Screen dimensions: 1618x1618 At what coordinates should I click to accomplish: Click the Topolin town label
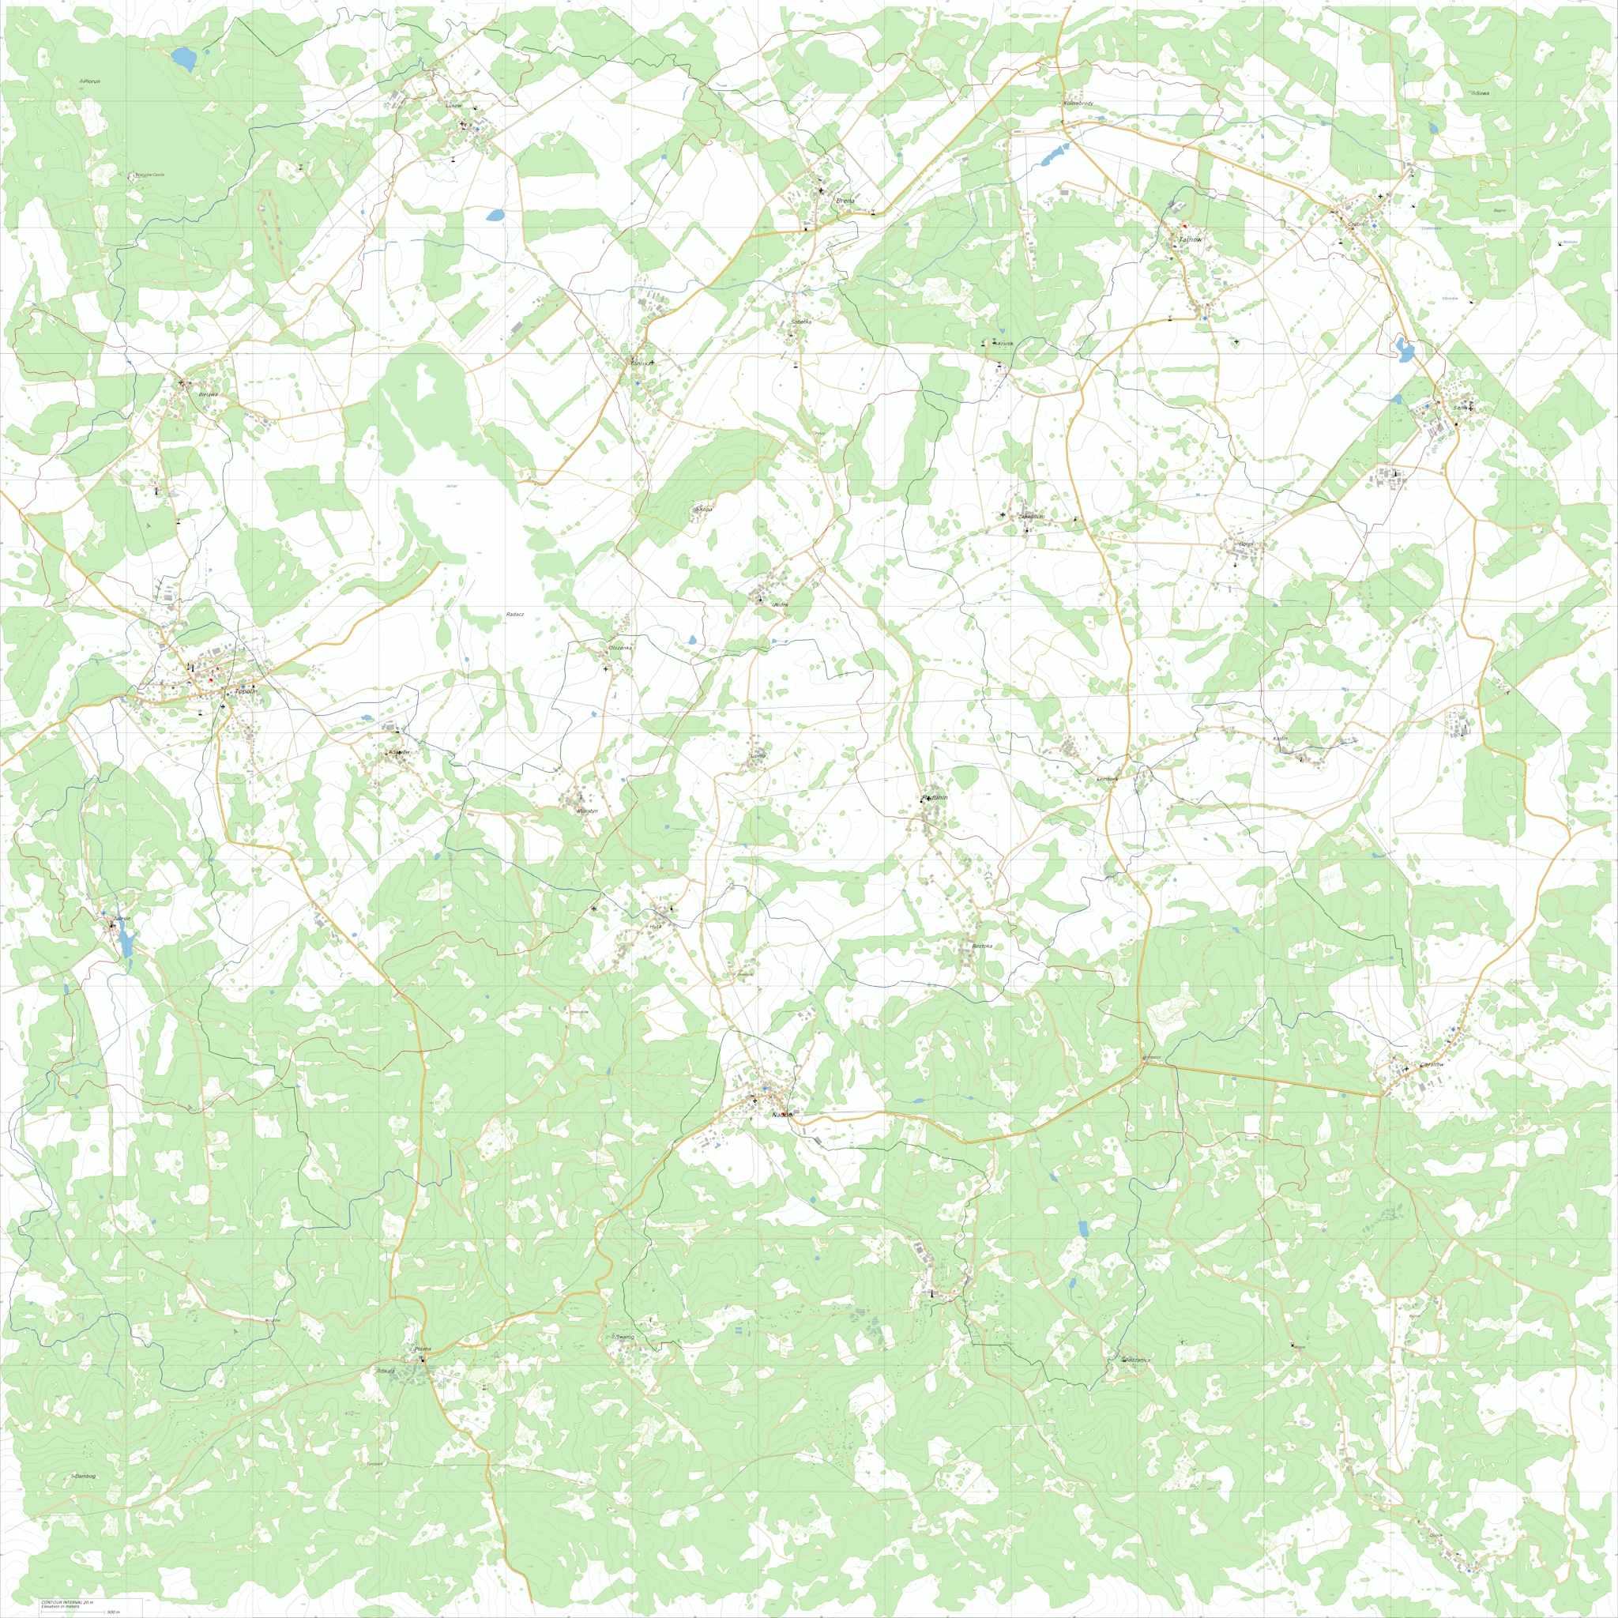pyautogui.click(x=246, y=692)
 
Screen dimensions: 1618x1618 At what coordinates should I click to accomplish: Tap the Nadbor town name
pyautogui.click(x=782, y=1116)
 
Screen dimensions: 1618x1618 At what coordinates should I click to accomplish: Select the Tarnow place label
pyautogui.click(x=1190, y=240)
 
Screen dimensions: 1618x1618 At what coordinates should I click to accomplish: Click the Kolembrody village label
pyautogui.click(x=1078, y=103)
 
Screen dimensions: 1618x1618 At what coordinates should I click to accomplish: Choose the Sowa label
pyautogui.click(x=1482, y=93)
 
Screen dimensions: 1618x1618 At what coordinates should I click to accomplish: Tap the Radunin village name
pyautogui.click(x=934, y=798)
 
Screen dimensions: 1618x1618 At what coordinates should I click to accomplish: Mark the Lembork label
pyautogui.click(x=1108, y=779)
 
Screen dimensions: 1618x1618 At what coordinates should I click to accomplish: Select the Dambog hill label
pyautogui.click(x=85, y=1477)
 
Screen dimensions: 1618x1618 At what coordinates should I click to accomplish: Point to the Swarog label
pyautogui.click(x=625, y=1338)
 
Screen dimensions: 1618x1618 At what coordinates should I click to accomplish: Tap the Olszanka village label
pyautogui.click(x=619, y=648)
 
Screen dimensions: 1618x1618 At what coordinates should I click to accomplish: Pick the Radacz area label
pyautogui.click(x=514, y=615)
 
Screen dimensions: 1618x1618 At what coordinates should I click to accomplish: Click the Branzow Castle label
pyautogui.click(x=151, y=175)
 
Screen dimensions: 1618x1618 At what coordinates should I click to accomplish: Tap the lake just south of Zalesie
pyautogui.click(x=126, y=946)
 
